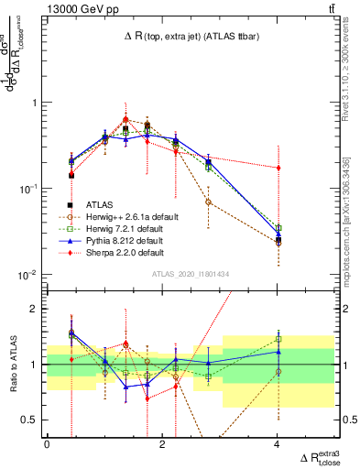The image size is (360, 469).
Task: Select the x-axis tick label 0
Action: [47, 443]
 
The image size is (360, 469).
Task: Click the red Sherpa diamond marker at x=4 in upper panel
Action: [278, 168]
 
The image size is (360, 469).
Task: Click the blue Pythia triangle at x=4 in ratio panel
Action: [278, 351]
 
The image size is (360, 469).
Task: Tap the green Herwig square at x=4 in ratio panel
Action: [278, 339]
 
